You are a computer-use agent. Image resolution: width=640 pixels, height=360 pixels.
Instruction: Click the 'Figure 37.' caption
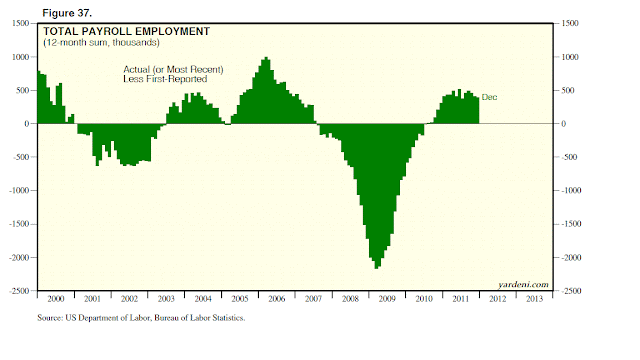coord(67,13)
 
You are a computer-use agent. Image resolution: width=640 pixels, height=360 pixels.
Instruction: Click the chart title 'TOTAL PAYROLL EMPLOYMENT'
coord(127,31)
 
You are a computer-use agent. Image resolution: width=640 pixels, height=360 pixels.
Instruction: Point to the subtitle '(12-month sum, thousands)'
coord(101,42)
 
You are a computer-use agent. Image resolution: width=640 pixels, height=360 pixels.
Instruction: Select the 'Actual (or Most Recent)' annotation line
coord(173,69)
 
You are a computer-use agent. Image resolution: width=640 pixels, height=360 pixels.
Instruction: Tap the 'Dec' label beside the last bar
coord(489,97)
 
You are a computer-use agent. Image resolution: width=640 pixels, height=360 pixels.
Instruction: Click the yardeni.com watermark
coord(523,284)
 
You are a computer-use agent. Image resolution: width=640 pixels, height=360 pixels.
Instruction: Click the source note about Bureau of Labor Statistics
coord(141,318)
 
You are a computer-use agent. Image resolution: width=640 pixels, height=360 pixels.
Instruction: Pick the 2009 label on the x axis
coord(387,299)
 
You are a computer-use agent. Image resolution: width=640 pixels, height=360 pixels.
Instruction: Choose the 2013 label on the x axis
coord(534,299)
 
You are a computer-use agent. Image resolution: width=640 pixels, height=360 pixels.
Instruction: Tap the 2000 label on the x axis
coord(56,299)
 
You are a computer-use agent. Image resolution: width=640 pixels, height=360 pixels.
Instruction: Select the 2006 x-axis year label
coord(276,299)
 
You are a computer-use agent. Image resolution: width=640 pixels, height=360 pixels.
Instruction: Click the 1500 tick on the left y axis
coord(20,23)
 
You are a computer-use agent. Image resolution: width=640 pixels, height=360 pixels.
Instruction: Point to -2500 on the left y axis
coord(19,291)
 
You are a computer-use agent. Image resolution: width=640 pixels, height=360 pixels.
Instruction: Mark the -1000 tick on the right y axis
coord(571,191)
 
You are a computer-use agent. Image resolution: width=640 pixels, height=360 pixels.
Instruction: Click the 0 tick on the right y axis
coord(564,124)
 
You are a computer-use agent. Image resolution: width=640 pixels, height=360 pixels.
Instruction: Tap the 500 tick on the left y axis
coord(22,90)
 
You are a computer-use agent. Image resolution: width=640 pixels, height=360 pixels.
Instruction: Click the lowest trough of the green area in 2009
coord(377,268)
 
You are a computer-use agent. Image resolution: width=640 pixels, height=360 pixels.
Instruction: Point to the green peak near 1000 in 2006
coord(266,58)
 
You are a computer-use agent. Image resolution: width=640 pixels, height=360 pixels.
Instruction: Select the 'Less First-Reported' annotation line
coord(165,79)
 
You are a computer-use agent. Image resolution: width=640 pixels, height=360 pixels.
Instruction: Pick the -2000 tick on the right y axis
coord(571,258)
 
